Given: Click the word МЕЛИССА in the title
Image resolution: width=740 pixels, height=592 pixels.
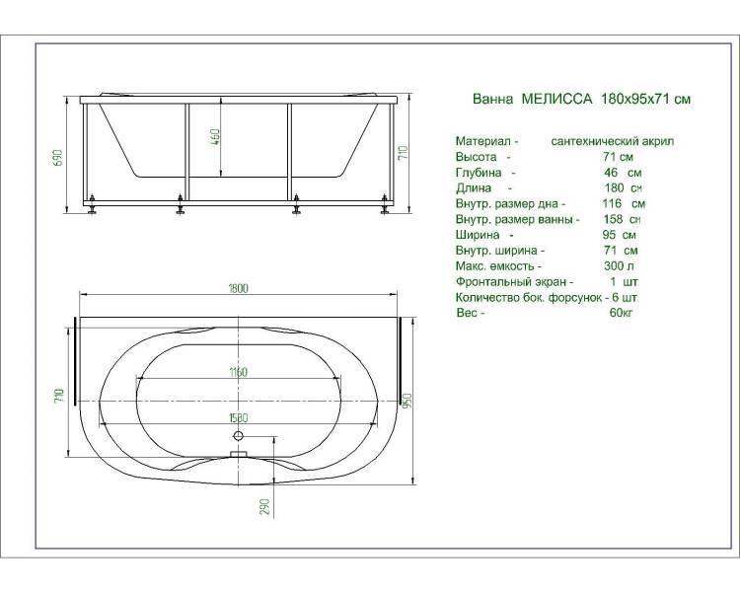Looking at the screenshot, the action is [556, 99].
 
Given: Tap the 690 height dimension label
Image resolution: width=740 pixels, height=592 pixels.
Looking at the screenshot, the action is [57, 158].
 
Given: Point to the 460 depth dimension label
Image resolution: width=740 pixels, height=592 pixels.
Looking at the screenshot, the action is [215, 137].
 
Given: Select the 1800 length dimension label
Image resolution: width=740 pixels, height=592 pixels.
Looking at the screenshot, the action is [239, 288].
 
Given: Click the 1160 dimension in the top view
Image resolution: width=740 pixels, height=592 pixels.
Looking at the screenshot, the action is [239, 372].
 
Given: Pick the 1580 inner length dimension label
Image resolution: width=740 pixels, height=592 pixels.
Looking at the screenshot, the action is [239, 417].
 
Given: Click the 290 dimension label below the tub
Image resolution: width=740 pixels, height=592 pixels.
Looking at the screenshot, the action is [265, 506].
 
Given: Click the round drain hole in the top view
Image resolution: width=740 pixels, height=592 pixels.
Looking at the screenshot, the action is [239, 436].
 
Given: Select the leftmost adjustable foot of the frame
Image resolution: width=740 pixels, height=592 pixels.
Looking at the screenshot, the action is [91, 206].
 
